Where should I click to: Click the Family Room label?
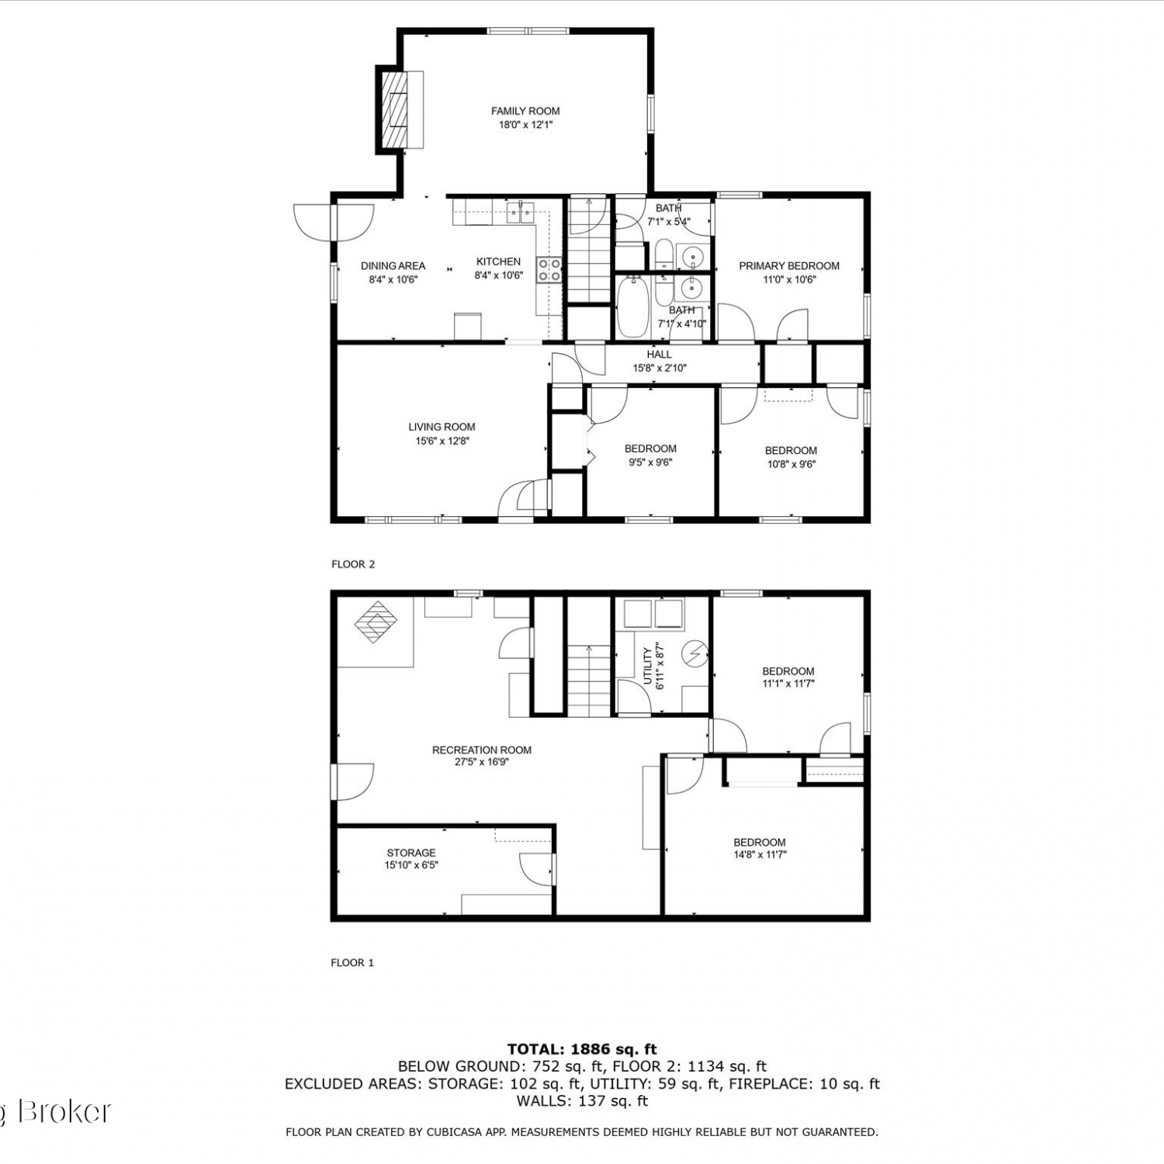(525, 111)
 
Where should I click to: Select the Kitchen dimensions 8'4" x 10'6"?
(499, 275)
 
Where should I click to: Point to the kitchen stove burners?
(550, 269)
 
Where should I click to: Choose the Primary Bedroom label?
(789, 266)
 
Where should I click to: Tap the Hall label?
(659, 355)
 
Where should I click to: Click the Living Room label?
(442, 427)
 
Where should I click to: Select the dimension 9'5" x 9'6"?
(650, 462)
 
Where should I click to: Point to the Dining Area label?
(393, 266)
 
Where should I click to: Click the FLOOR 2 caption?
(353, 564)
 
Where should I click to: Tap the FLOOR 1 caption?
(352, 963)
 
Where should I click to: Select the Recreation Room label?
(482, 750)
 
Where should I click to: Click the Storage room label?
(411, 853)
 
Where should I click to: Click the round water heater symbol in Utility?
(695, 655)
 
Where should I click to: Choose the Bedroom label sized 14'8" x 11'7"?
(760, 843)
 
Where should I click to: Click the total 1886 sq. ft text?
(582, 1050)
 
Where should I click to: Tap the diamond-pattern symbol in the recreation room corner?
(376, 622)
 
